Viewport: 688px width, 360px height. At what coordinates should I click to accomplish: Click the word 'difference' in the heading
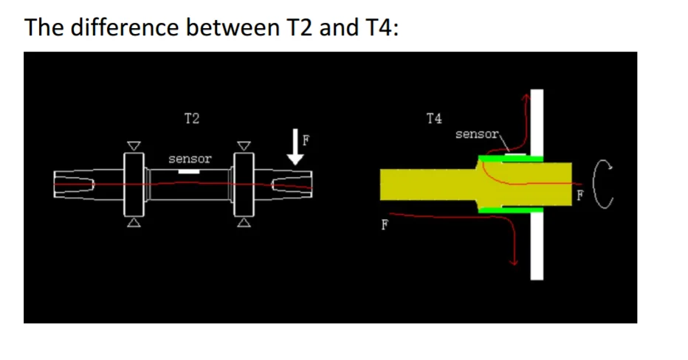click(x=124, y=27)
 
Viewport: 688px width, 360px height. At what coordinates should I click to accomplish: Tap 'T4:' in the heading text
click(x=382, y=27)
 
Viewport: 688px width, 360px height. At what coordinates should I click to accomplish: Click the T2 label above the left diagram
click(x=192, y=118)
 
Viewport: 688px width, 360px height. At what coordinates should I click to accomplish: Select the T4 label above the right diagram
click(x=434, y=118)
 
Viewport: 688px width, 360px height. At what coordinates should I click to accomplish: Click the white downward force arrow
click(x=295, y=147)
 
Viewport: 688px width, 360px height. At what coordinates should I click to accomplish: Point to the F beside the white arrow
click(x=306, y=140)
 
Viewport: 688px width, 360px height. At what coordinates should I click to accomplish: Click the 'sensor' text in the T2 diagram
click(x=190, y=159)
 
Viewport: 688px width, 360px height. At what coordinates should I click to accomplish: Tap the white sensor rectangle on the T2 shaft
click(x=189, y=171)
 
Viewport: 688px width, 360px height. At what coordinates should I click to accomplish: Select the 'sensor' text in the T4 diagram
click(x=477, y=134)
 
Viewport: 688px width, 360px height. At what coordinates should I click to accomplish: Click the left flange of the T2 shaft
click(x=134, y=184)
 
